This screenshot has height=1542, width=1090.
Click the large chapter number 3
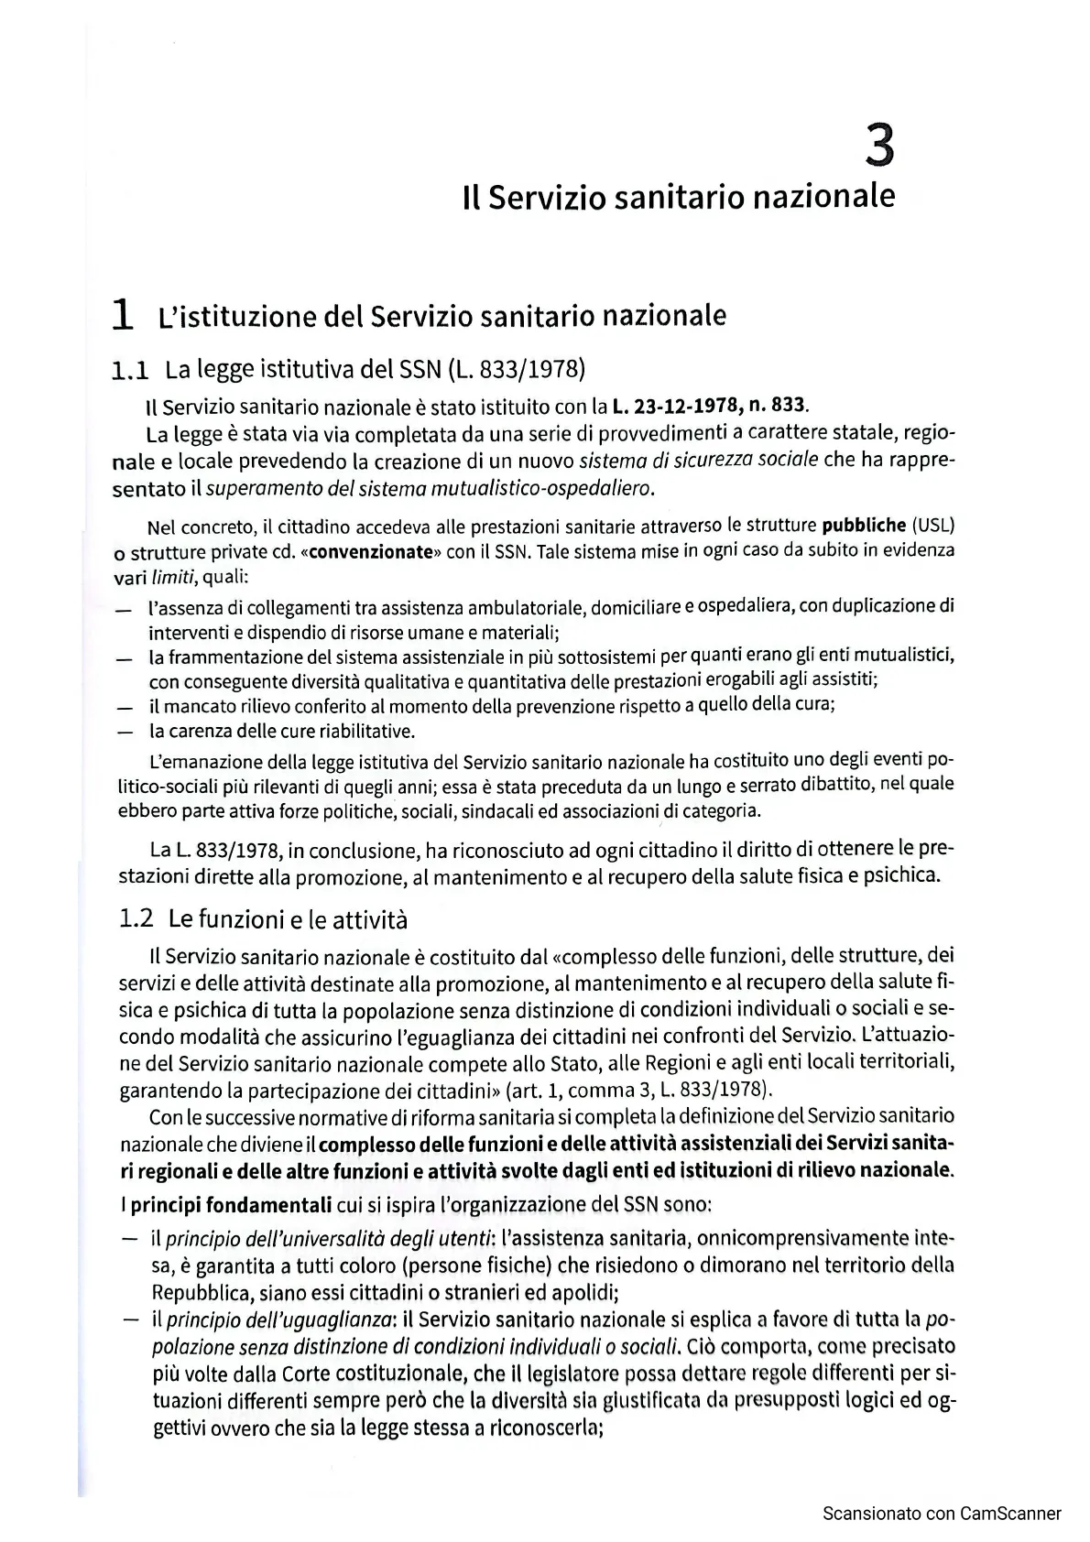878,147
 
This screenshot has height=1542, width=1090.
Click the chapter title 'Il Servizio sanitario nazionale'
679,197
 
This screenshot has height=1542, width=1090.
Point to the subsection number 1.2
136,919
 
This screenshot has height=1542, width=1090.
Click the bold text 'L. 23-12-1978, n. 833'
711,404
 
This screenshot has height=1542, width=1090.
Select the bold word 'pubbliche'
864,526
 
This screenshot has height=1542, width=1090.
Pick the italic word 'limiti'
176,578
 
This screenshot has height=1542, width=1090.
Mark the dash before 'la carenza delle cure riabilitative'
123,732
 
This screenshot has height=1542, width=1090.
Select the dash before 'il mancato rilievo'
123,707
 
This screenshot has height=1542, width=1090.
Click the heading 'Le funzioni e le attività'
288,919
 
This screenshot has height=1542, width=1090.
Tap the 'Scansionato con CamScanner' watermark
942,1514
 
